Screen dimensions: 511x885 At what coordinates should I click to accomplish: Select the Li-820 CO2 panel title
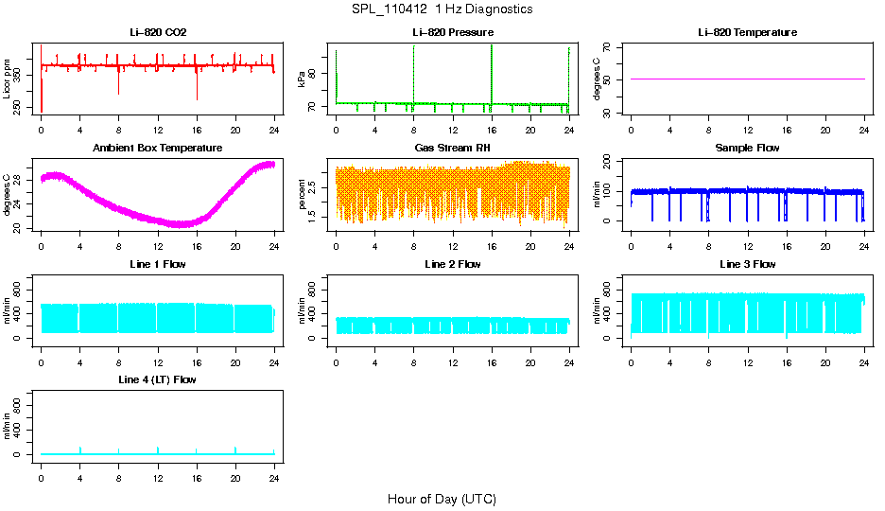(x=158, y=32)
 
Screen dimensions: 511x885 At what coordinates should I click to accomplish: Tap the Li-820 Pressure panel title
(x=453, y=32)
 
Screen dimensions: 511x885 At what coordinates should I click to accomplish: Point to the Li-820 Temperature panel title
(x=747, y=32)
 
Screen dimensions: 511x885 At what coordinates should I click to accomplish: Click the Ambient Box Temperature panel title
(x=158, y=149)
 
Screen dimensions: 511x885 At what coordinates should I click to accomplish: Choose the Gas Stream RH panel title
(x=453, y=149)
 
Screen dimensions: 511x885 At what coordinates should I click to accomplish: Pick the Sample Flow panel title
(x=747, y=149)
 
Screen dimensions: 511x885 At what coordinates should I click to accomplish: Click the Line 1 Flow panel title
(x=158, y=264)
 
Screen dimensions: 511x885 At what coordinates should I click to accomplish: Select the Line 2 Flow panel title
(x=453, y=264)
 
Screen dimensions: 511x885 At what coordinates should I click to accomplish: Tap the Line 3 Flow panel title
(x=747, y=264)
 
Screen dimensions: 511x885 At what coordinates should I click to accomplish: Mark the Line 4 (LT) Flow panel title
(x=158, y=379)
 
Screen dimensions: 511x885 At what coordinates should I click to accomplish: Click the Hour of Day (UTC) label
(x=442, y=499)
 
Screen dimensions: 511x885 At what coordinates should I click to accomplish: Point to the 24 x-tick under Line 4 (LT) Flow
(x=274, y=477)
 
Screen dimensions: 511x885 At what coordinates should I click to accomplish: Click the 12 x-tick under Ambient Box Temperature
(x=158, y=246)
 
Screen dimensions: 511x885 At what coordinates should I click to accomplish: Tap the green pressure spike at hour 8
(x=413, y=71)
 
